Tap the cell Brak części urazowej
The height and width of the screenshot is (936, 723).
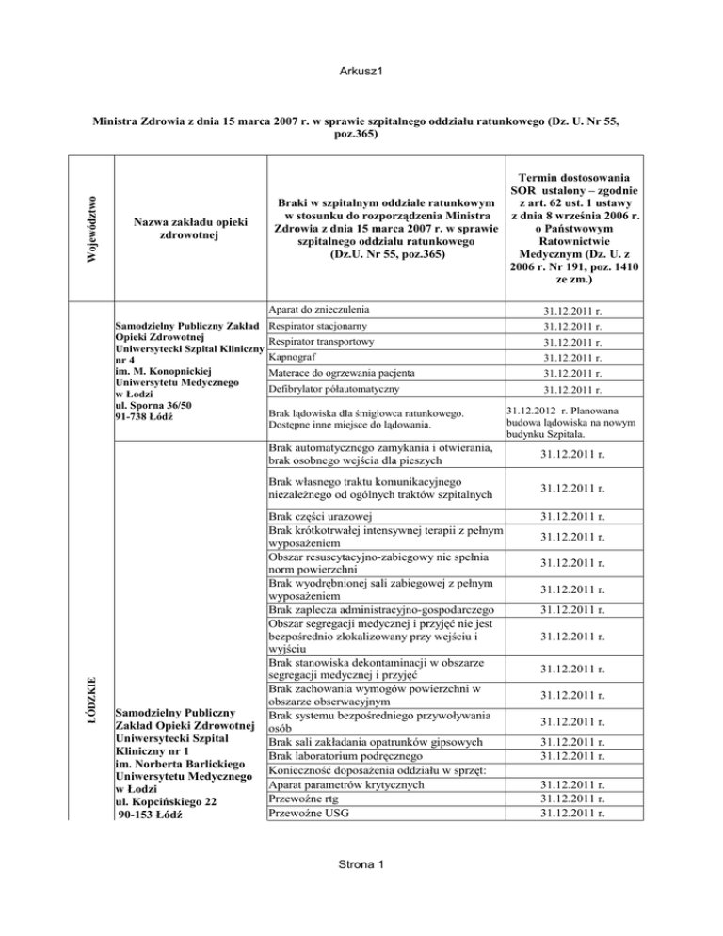[320, 517]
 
